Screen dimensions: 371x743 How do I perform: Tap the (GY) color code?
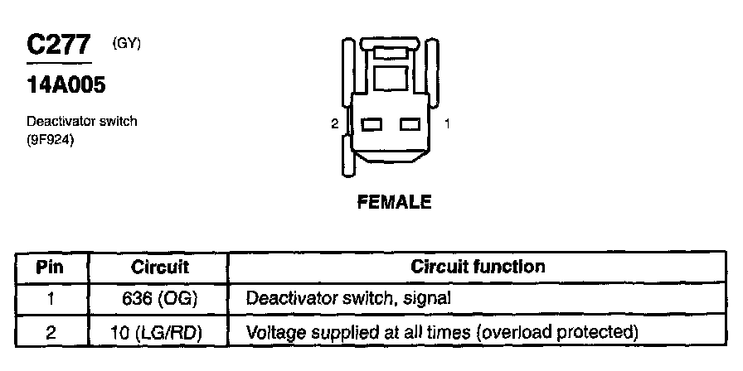click(127, 43)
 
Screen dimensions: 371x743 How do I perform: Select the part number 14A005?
click(66, 84)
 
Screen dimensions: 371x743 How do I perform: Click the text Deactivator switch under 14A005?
click(81, 122)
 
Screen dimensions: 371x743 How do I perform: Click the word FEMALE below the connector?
click(394, 202)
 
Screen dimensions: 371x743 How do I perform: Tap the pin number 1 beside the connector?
click(448, 124)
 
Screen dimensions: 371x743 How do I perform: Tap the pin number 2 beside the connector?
click(334, 124)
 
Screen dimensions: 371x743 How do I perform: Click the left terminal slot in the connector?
click(370, 124)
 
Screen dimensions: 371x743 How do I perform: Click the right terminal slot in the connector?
click(410, 124)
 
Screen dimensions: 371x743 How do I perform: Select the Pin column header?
click(51, 267)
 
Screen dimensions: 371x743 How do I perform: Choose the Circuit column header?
click(160, 267)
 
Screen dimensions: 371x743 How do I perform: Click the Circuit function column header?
click(478, 267)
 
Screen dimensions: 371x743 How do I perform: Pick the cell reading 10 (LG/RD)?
click(160, 332)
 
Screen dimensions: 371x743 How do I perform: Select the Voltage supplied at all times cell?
click(442, 332)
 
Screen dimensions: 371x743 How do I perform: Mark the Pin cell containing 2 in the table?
click(51, 332)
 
